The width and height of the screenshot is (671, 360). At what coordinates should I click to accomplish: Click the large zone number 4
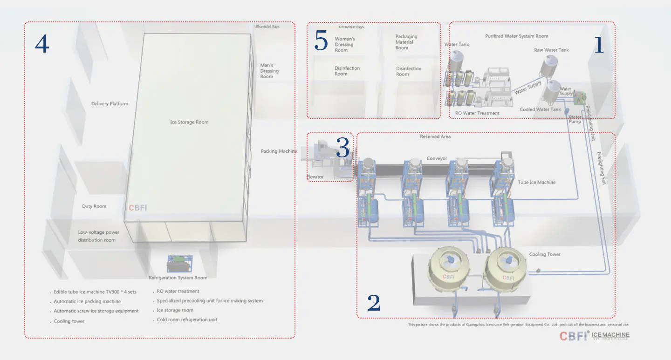[42, 44]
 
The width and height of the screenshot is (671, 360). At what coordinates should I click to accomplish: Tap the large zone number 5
[321, 41]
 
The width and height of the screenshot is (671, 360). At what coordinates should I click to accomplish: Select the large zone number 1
[598, 45]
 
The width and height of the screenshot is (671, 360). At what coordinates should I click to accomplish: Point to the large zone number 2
[374, 303]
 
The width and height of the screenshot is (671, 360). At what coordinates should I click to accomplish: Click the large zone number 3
[342, 149]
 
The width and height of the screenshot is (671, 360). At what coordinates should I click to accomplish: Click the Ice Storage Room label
[189, 122]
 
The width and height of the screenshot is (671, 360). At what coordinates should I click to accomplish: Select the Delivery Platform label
[110, 104]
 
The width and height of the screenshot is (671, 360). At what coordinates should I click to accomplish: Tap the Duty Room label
[94, 206]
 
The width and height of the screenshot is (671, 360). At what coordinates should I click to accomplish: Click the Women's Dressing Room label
[345, 45]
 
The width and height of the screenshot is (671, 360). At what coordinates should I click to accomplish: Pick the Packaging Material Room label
[406, 42]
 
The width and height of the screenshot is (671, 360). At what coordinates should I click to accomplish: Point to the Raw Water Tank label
[551, 50]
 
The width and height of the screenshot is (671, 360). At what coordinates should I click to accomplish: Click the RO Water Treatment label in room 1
[477, 113]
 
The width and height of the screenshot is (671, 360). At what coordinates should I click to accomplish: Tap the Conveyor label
[437, 159]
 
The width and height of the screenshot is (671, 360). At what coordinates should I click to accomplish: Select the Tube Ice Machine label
[537, 183]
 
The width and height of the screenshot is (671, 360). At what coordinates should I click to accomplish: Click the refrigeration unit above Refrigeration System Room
[180, 263]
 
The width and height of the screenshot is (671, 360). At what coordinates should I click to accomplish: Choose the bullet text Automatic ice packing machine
[87, 302]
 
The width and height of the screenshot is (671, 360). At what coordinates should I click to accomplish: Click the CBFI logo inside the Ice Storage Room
[137, 208]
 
